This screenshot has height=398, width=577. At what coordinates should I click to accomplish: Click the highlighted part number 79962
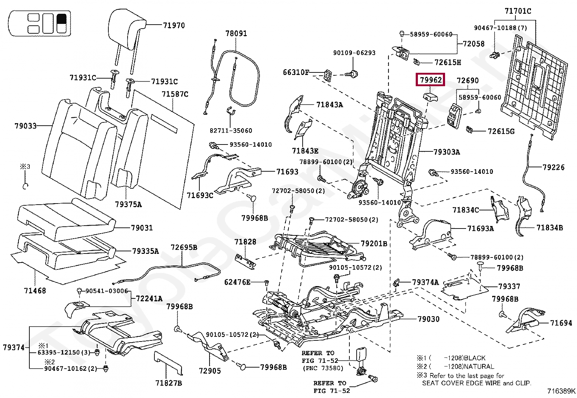click(x=431, y=80)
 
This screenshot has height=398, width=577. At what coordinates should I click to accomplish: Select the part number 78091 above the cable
click(x=236, y=33)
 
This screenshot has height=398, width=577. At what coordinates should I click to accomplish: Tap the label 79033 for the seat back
click(x=25, y=126)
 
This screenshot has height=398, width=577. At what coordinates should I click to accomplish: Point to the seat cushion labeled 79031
click(x=65, y=221)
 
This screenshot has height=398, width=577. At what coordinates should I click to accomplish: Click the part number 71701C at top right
click(x=518, y=11)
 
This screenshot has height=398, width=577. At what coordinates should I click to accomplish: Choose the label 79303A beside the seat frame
click(x=447, y=152)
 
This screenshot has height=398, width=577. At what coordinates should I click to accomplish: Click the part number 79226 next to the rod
click(x=553, y=167)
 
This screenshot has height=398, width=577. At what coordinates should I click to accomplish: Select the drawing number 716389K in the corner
click(x=561, y=391)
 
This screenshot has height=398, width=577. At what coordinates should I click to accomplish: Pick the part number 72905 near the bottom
click(x=209, y=370)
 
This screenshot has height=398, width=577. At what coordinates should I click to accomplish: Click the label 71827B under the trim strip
click(x=169, y=383)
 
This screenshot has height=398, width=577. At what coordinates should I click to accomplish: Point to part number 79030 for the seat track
click(x=428, y=319)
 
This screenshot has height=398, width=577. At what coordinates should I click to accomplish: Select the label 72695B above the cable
click(x=184, y=247)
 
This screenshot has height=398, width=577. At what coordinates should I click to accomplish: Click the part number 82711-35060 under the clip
click(x=231, y=130)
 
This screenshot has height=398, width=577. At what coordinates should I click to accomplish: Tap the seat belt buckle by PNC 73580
click(x=361, y=354)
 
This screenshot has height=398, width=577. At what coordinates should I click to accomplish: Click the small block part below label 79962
click(x=430, y=96)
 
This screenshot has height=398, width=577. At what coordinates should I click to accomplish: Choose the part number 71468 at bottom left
click(x=35, y=290)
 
